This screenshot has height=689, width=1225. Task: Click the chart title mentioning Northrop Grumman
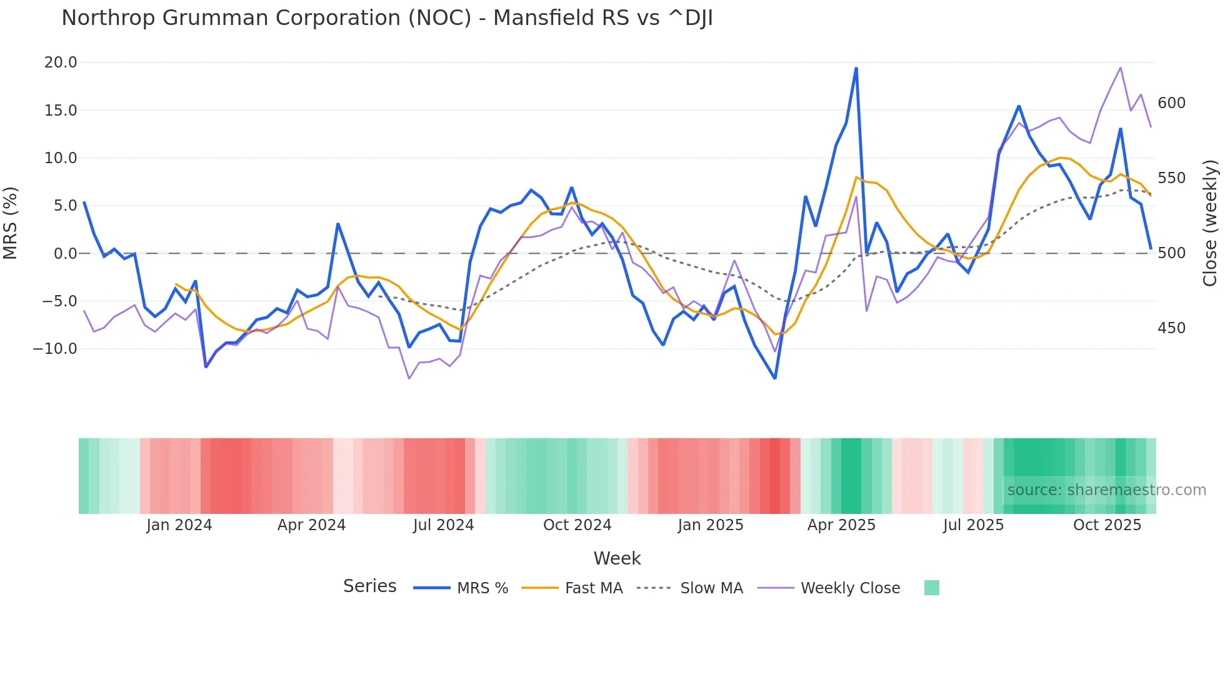(387, 18)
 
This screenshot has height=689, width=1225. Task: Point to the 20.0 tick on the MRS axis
(61, 63)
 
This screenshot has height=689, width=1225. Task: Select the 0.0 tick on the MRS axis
(65, 254)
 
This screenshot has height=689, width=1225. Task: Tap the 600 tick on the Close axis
(1171, 103)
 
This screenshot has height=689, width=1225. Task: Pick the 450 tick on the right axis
(1171, 328)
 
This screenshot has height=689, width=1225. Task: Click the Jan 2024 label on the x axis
(179, 525)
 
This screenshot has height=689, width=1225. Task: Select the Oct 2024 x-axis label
(577, 525)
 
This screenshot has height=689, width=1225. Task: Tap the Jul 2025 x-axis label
(973, 525)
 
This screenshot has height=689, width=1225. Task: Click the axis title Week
(617, 558)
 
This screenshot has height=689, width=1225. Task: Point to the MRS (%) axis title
(11, 223)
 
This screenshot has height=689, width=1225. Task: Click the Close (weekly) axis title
(1210, 223)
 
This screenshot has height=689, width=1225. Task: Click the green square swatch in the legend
(931, 588)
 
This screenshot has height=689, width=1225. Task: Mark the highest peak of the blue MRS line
(856, 68)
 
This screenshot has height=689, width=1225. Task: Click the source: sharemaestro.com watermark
(1106, 490)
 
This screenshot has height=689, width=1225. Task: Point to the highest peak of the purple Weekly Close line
(1121, 68)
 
